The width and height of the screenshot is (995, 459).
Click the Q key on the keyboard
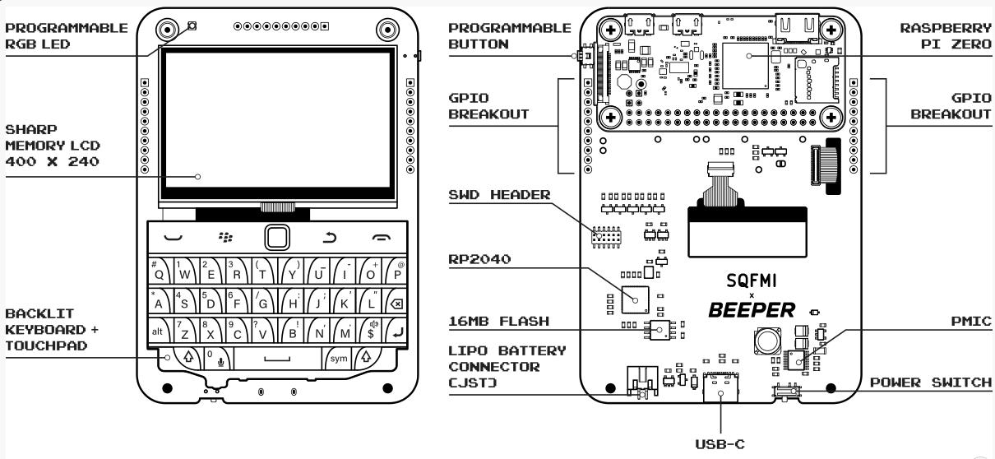pos(159,270)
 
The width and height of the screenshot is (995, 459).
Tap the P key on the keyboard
pos(395,270)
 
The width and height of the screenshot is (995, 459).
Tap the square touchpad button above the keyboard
pos(277,239)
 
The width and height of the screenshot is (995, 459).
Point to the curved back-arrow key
pos(329,239)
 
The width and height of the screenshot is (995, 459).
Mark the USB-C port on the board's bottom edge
pos(721,392)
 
